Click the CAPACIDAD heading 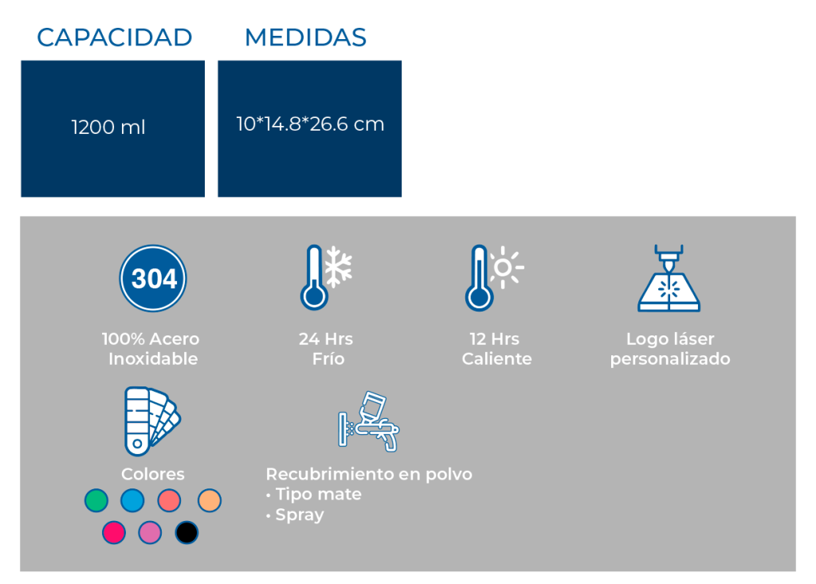tap(115, 37)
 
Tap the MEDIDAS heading tap(305, 37)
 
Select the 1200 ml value tap(108, 127)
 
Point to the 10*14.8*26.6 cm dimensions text tap(310, 123)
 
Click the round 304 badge tap(153, 279)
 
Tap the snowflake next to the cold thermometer tap(338, 266)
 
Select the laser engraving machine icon tap(669, 278)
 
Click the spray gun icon tap(368, 421)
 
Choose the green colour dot tap(96, 500)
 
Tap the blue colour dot tap(132, 500)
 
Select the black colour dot tap(186, 532)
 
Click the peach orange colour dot tap(210, 500)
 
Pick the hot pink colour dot tap(113, 532)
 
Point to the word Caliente tap(496, 359)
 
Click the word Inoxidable tap(153, 359)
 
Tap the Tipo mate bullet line tap(314, 495)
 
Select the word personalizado tap(670, 359)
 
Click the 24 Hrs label tap(326, 339)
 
